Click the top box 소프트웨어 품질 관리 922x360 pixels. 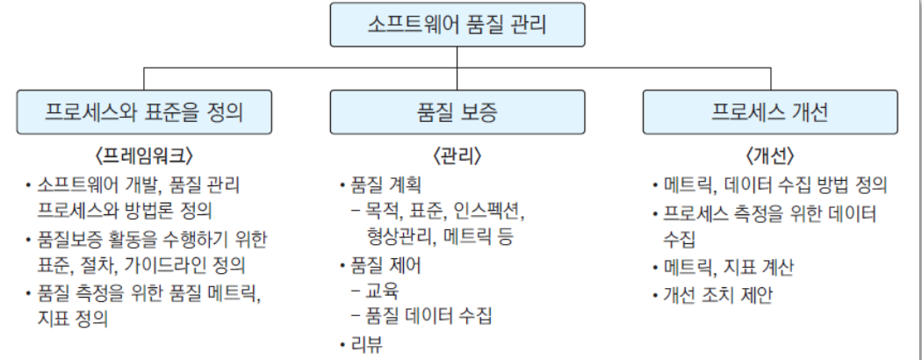click(x=457, y=24)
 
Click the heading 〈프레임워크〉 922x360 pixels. click(x=144, y=157)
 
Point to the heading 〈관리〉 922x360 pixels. click(x=457, y=157)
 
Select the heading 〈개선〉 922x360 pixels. click(x=770, y=157)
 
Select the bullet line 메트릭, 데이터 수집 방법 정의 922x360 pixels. click(x=776, y=185)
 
